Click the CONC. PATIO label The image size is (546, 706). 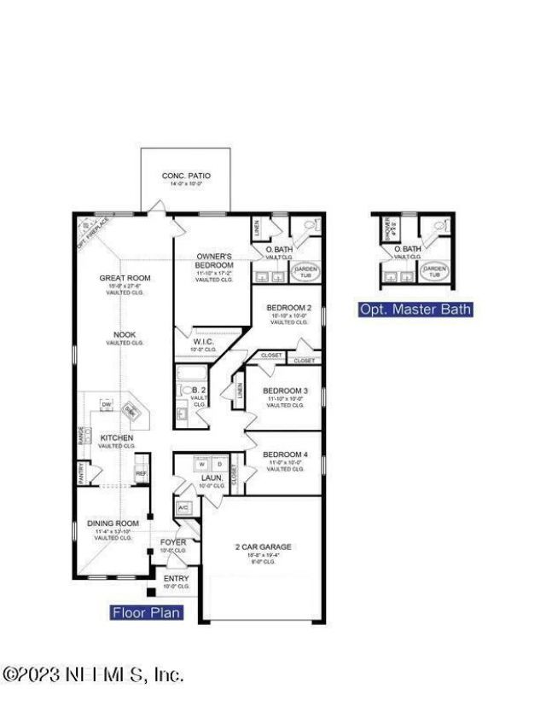[186, 176]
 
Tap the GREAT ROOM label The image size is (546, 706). [125, 277]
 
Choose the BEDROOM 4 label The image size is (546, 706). [285, 454]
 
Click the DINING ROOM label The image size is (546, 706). [113, 524]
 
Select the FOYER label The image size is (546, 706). [173, 542]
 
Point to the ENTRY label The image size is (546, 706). [177, 579]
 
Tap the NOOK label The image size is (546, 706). [125, 334]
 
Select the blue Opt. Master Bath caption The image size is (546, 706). [415, 310]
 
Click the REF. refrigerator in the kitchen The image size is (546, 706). [141, 473]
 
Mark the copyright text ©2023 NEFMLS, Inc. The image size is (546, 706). [93, 674]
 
